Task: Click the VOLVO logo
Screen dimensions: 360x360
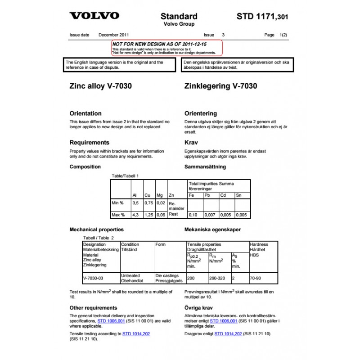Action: [94, 16]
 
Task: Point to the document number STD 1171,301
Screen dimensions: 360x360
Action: [262, 17]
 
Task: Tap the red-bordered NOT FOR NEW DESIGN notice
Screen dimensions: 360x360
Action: [167, 47]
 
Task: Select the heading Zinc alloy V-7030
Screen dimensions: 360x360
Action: [100, 86]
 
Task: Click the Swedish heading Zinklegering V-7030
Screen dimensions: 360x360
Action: [221, 86]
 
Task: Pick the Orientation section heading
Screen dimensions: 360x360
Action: [85, 113]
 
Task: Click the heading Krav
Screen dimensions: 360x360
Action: [192, 142]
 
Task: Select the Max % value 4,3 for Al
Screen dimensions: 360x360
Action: [135, 215]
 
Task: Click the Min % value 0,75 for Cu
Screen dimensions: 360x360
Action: [148, 203]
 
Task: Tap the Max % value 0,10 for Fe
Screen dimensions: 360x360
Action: [193, 215]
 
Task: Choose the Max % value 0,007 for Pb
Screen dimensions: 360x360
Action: [210, 215]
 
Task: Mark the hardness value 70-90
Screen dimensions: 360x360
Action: [256, 278]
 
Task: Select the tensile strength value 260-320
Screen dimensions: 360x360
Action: [218, 278]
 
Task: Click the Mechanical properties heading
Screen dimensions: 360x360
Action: [96, 229]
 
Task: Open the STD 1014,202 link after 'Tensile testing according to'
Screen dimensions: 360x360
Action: [137, 334]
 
